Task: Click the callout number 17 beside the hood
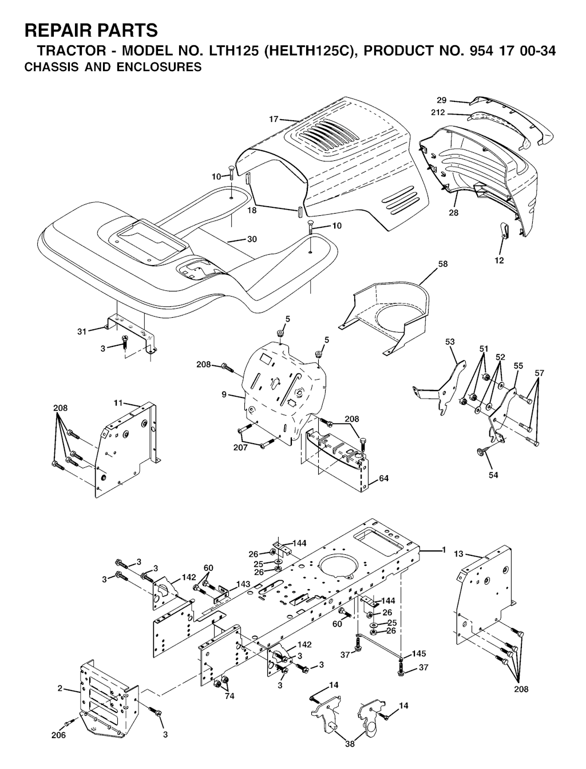[x=274, y=120]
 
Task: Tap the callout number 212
[x=438, y=113]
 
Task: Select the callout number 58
[x=443, y=264]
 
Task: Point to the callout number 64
[x=383, y=478]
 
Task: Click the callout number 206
[x=58, y=745]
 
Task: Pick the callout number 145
[x=419, y=653]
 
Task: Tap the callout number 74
[x=229, y=696]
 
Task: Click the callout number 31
[x=82, y=332]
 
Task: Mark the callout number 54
[x=493, y=475]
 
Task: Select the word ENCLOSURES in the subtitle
[x=159, y=66]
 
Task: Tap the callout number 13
[x=458, y=554]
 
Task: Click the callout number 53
[x=450, y=341]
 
